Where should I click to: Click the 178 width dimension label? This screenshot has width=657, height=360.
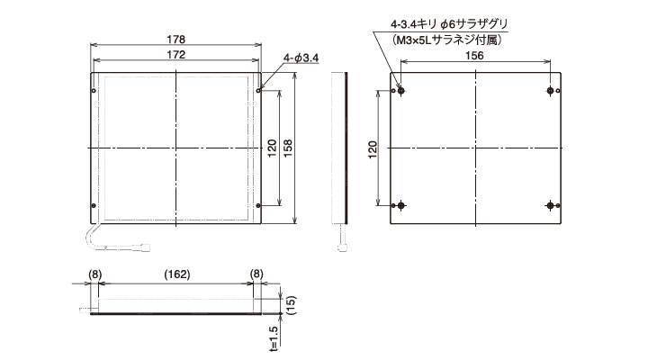(176, 40)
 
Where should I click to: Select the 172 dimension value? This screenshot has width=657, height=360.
(176, 55)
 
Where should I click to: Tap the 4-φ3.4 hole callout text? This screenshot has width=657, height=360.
(301, 58)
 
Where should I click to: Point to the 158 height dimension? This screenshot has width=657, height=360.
(288, 148)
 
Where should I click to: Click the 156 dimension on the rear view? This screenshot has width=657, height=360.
(474, 56)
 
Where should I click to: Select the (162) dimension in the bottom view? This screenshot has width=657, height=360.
(176, 274)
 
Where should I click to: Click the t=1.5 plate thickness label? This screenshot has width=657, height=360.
(274, 338)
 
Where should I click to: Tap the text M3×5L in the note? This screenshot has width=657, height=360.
(414, 40)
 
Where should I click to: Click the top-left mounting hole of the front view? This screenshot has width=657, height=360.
(94, 91)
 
